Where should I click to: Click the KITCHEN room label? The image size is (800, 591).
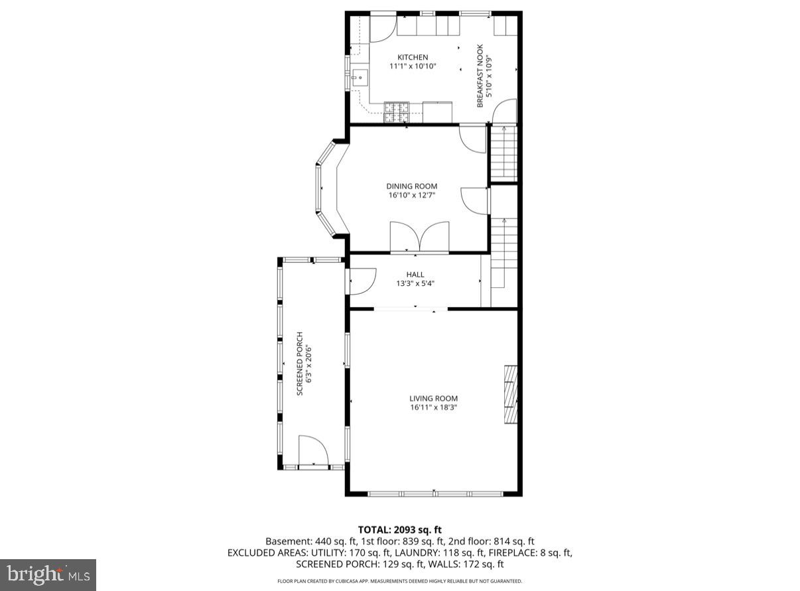point(412,57)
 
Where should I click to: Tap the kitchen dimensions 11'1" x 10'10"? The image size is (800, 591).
point(412,66)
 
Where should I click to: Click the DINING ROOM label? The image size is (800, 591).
point(411,186)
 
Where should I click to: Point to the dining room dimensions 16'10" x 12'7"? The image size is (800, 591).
point(411,196)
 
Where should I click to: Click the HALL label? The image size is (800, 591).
point(415,275)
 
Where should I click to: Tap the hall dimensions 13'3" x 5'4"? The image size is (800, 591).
point(415,284)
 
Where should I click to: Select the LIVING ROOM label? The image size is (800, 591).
point(433,399)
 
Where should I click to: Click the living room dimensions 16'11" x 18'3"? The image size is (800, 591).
point(433,408)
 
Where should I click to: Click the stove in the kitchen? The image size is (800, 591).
point(397,112)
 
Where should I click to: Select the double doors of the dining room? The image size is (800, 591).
point(419,237)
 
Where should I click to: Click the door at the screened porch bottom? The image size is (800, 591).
point(313,452)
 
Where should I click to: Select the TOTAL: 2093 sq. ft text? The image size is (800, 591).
point(399,529)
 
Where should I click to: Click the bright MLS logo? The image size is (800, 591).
point(48,574)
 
